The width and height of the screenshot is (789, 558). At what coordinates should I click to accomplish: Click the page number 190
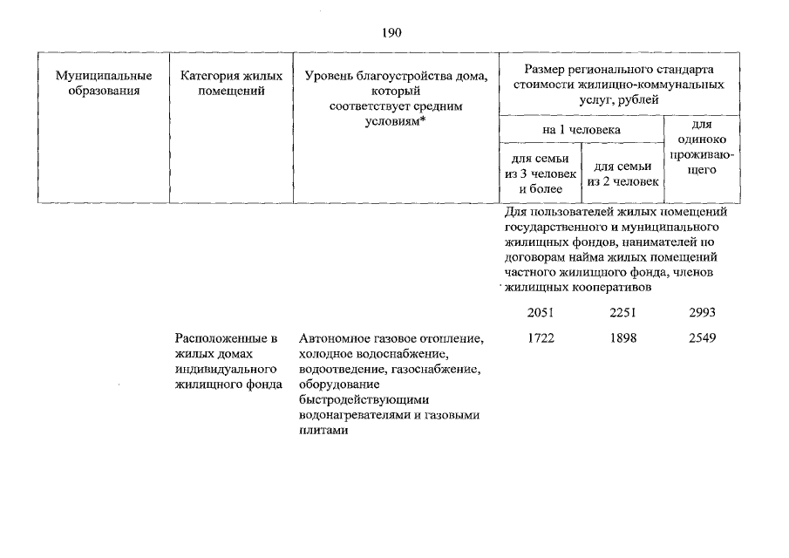(391, 34)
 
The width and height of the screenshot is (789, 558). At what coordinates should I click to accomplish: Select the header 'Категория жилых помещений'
(231, 83)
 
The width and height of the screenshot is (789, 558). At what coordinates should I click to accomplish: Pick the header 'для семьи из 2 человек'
(623, 174)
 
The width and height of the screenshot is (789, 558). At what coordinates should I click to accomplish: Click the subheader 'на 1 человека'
(582, 129)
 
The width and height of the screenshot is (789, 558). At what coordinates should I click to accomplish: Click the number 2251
(624, 311)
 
